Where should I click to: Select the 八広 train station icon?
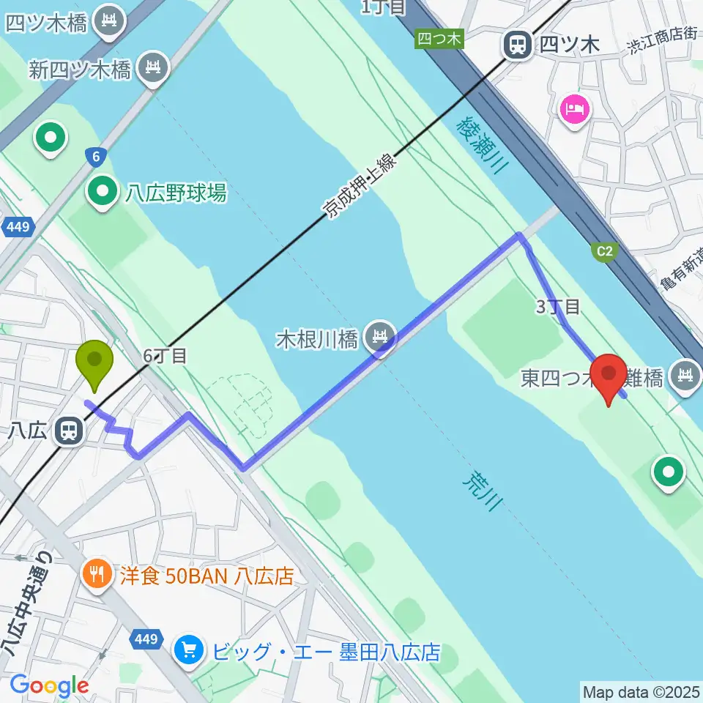point(69,430)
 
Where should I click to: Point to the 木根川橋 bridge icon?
point(380,338)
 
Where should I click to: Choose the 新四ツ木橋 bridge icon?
point(155,69)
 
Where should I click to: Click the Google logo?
point(49,685)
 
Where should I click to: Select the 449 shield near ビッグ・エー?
point(146,640)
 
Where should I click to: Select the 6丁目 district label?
point(165,356)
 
